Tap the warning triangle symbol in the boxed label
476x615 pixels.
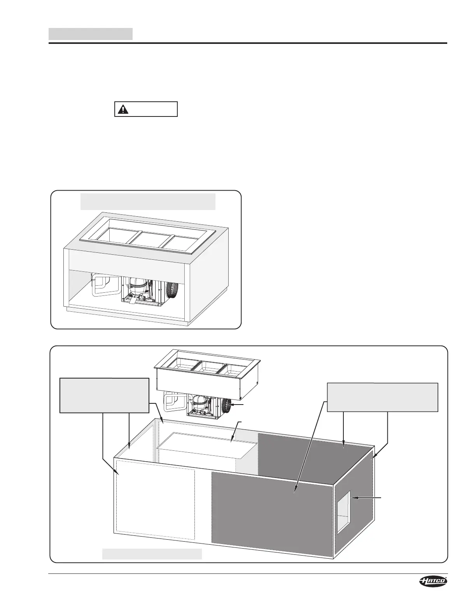click(123, 109)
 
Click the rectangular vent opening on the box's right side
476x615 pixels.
click(343, 511)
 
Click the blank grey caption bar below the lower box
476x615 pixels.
click(152, 554)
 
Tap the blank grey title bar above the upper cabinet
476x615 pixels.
click(148, 201)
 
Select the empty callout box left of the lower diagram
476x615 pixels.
click(104, 395)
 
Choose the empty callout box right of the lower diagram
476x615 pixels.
click(383, 397)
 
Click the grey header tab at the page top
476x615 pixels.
click(90, 34)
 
